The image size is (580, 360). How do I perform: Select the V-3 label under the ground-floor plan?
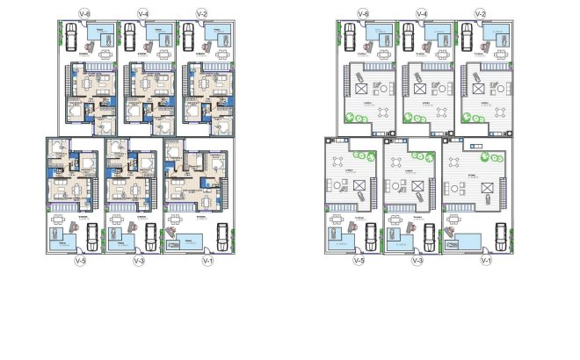pos(138,261)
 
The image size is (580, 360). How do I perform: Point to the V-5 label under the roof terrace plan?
pos(358,261)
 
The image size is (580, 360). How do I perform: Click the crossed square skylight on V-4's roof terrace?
pos(418,89)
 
